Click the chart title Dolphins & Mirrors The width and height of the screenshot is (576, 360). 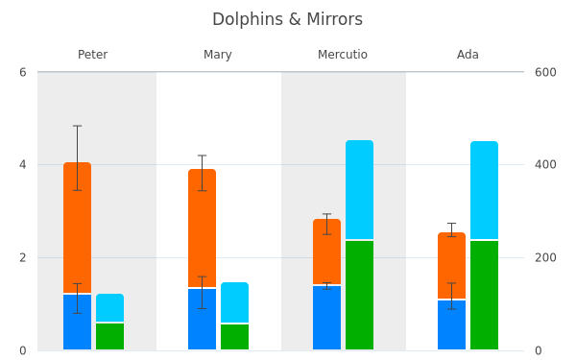(287, 19)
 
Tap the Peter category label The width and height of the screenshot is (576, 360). (92, 55)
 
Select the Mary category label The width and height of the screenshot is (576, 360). (218, 55)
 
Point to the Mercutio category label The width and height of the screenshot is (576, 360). (343, 55)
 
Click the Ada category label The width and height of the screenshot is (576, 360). (468, 55)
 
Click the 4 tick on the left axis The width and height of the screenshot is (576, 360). (23, 164)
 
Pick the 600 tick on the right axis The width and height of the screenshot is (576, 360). (545, 72)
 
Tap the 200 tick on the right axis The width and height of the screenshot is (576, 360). (545, 257)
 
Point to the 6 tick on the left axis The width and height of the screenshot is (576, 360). (23, 72)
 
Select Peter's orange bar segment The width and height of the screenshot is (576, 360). (77, 228)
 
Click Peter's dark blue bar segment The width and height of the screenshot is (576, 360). (77, 322)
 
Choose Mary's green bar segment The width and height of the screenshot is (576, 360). (235, 337)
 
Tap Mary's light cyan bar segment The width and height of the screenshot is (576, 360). (235, 302)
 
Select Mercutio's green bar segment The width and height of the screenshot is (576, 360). (360, 295)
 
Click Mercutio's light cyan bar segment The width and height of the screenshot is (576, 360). (360, 189)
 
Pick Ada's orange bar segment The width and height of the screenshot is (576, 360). (452, 265)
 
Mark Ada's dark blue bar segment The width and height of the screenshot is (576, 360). (452, 324)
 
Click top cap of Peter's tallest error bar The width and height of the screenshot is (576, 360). (77, 126)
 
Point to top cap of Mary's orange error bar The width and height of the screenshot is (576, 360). (202, 156)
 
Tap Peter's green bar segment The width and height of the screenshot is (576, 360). (109, 337)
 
